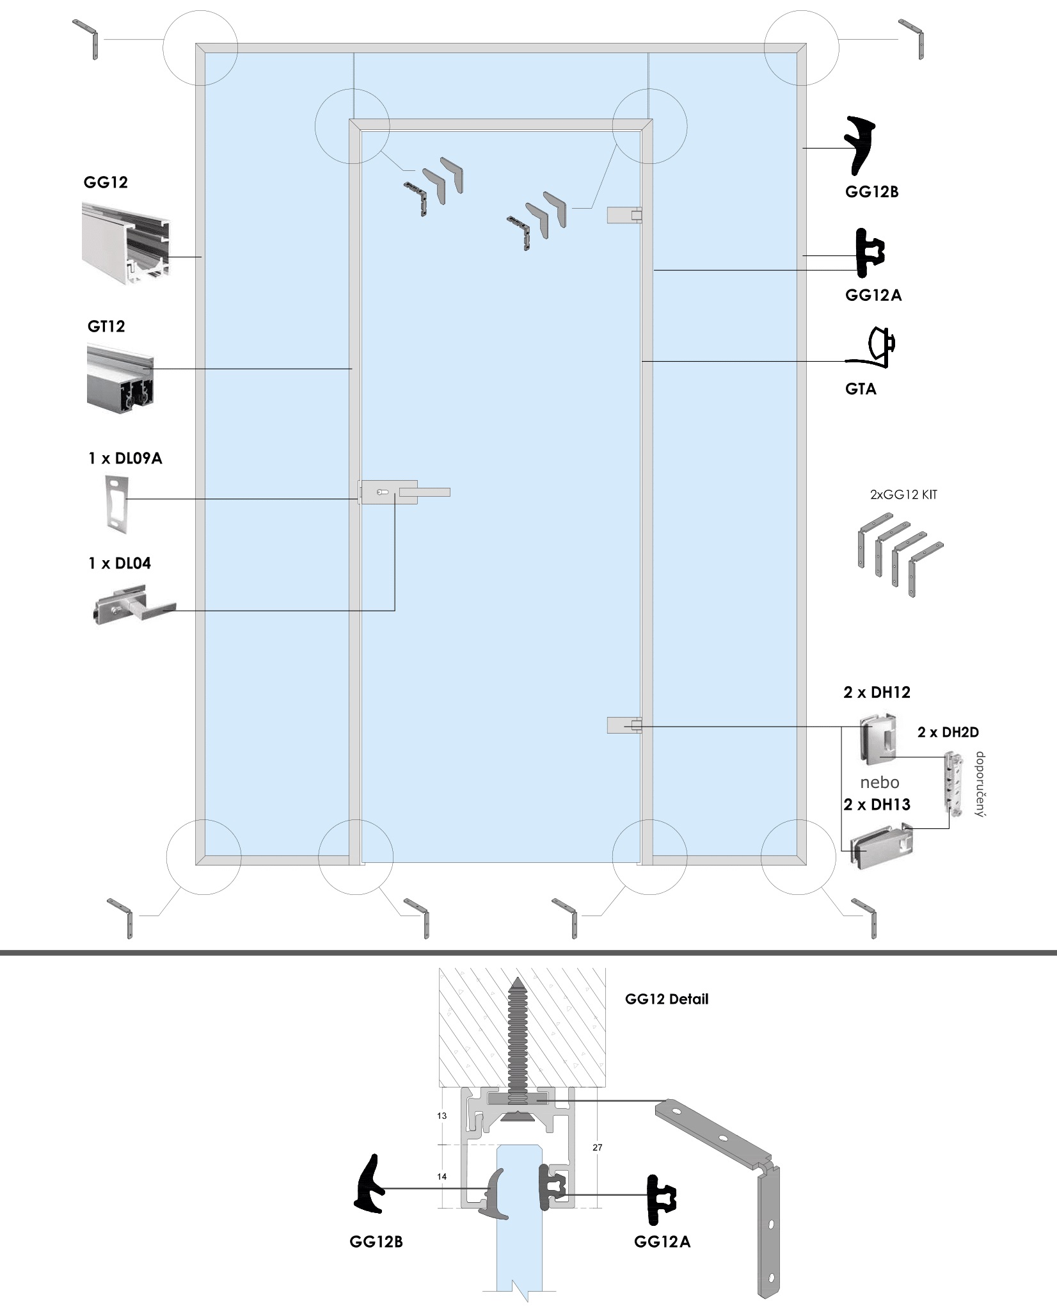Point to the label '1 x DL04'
[120, 563]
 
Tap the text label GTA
[861, 389]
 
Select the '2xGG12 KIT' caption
[903, 494]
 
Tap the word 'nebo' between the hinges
[880, 782]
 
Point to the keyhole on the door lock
[383, 492]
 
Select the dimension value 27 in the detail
[597, 1148]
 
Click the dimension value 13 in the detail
[441, 1116]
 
